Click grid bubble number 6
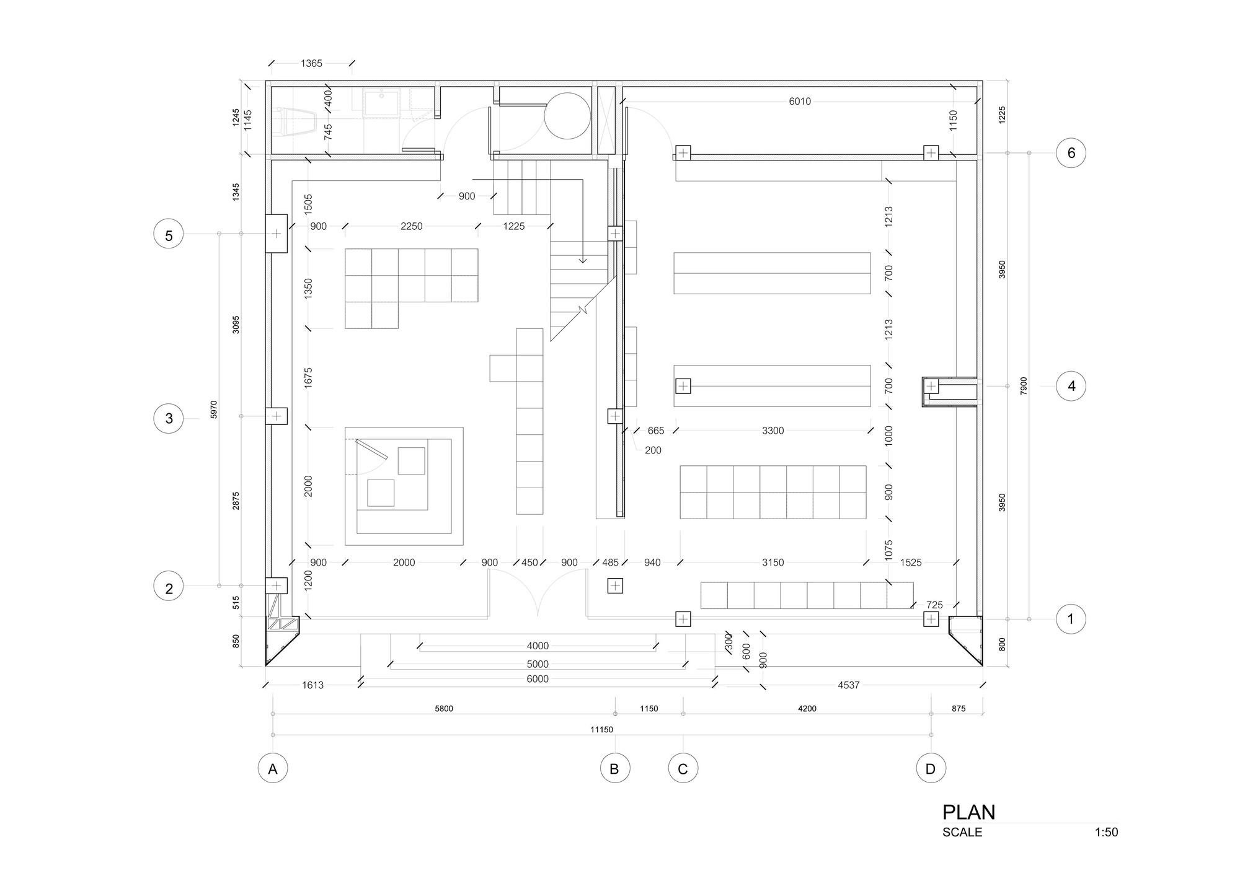point(1071,153)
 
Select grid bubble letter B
point(614,769)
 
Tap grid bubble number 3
point(169,419)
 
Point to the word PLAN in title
point(968,812)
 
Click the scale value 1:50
point(1106,832)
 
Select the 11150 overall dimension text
point(601,729)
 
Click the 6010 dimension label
point(799,102)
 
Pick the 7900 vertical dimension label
point(1024,386)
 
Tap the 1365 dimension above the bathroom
point(311,63)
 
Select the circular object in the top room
point(567,116)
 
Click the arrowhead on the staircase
point(582,260)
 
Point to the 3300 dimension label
point(773,431)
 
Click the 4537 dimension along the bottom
point(848,685)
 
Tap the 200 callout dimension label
point(653,450)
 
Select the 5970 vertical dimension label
point(214,410)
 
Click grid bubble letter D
point(931,769)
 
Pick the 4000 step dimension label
point(538,646)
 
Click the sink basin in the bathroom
point(381,103)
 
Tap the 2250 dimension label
point(411,227)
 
